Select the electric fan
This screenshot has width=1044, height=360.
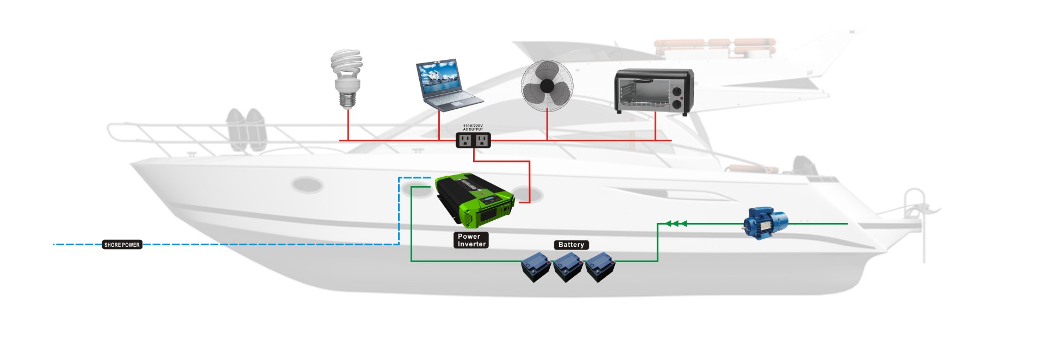click(x=546, y=85)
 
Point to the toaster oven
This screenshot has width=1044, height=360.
click(x=654, y=91)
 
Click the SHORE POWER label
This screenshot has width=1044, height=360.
click(x=122, y=245)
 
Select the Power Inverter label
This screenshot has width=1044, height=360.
click(x=471, y=240)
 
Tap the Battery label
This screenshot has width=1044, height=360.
click(x=571, y=245)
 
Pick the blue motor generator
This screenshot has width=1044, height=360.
click(x=766, y=222)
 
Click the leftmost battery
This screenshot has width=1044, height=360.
click(x=536, y=267)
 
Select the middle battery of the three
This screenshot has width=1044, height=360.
click(x=568, y=267)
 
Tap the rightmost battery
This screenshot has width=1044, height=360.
click(x=599, y=267)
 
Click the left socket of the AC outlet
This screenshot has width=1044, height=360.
click(x=465, y=141)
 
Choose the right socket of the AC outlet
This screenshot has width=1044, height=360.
click(x=481, y=141)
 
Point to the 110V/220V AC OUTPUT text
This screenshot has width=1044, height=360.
click(x=473, y=127)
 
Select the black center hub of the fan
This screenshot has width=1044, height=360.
click(x=546, y=86)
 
